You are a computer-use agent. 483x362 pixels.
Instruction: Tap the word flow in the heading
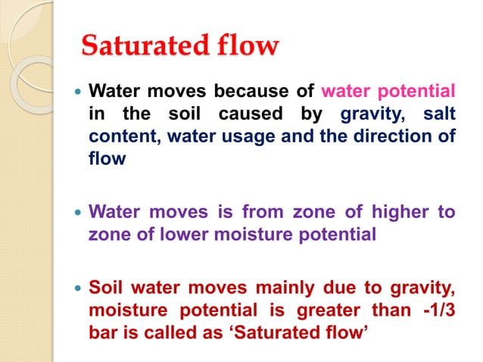(241, 47)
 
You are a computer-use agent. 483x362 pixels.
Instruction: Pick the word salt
(440, 114)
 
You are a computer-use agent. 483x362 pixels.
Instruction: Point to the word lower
(201, 235)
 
